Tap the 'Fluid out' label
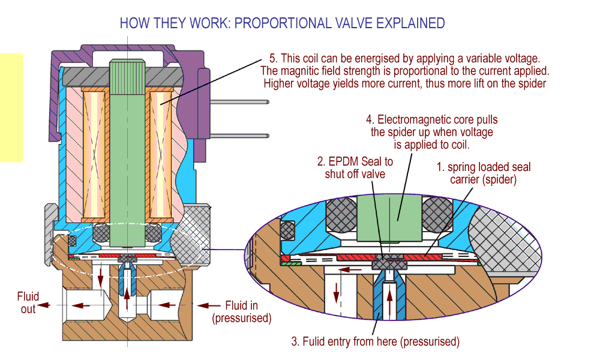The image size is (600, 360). [28, 302]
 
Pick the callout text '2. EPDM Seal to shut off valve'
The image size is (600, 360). [355, 168]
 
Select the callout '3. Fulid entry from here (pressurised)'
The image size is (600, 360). [376, 342]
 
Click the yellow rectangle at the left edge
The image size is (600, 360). [11, 108]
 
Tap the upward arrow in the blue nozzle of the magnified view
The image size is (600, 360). [390, 296]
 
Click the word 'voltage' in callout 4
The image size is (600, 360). [477, 132]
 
